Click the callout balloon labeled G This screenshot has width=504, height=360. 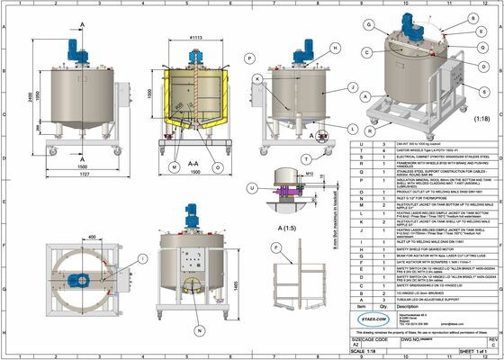(x=368, y=24)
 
